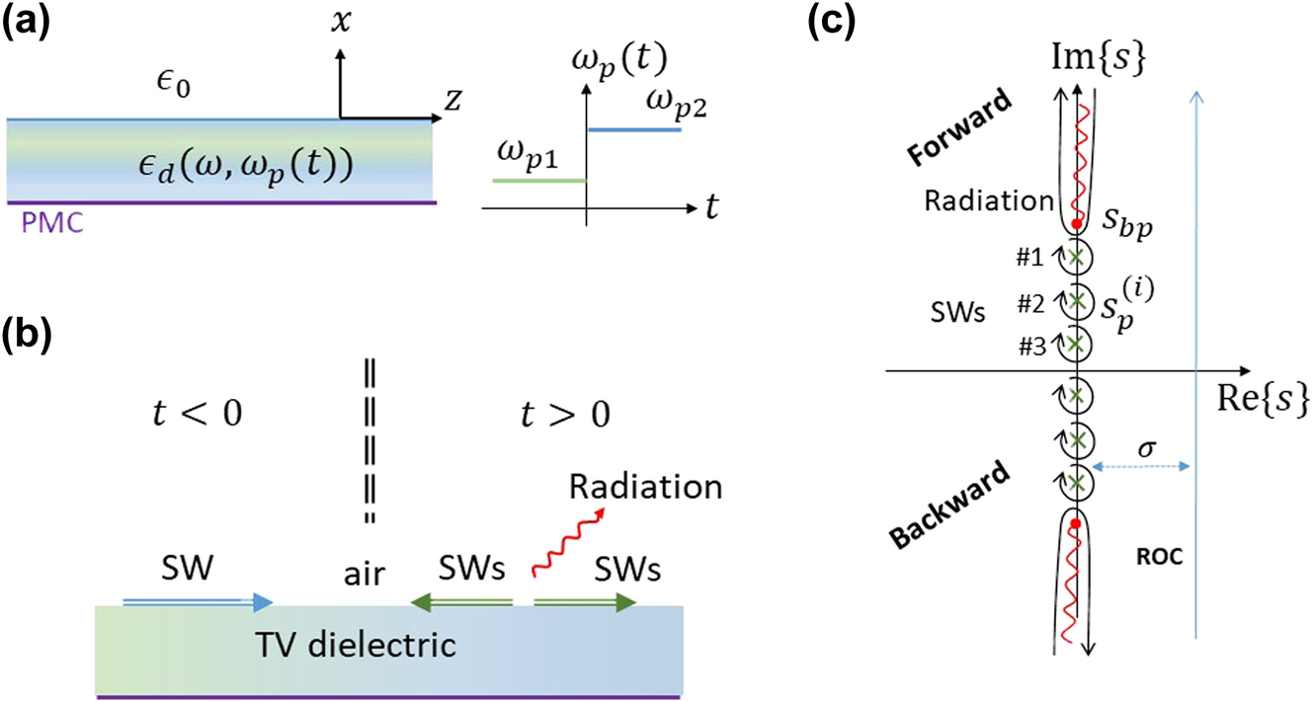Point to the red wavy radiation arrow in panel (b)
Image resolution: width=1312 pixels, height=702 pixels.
pyautogui.click(x=560, y=550)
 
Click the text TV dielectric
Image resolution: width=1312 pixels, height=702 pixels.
pyautogui.click(x=388, y=646)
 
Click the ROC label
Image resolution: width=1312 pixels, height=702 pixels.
pyautogui.click(x=1155, y=557)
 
